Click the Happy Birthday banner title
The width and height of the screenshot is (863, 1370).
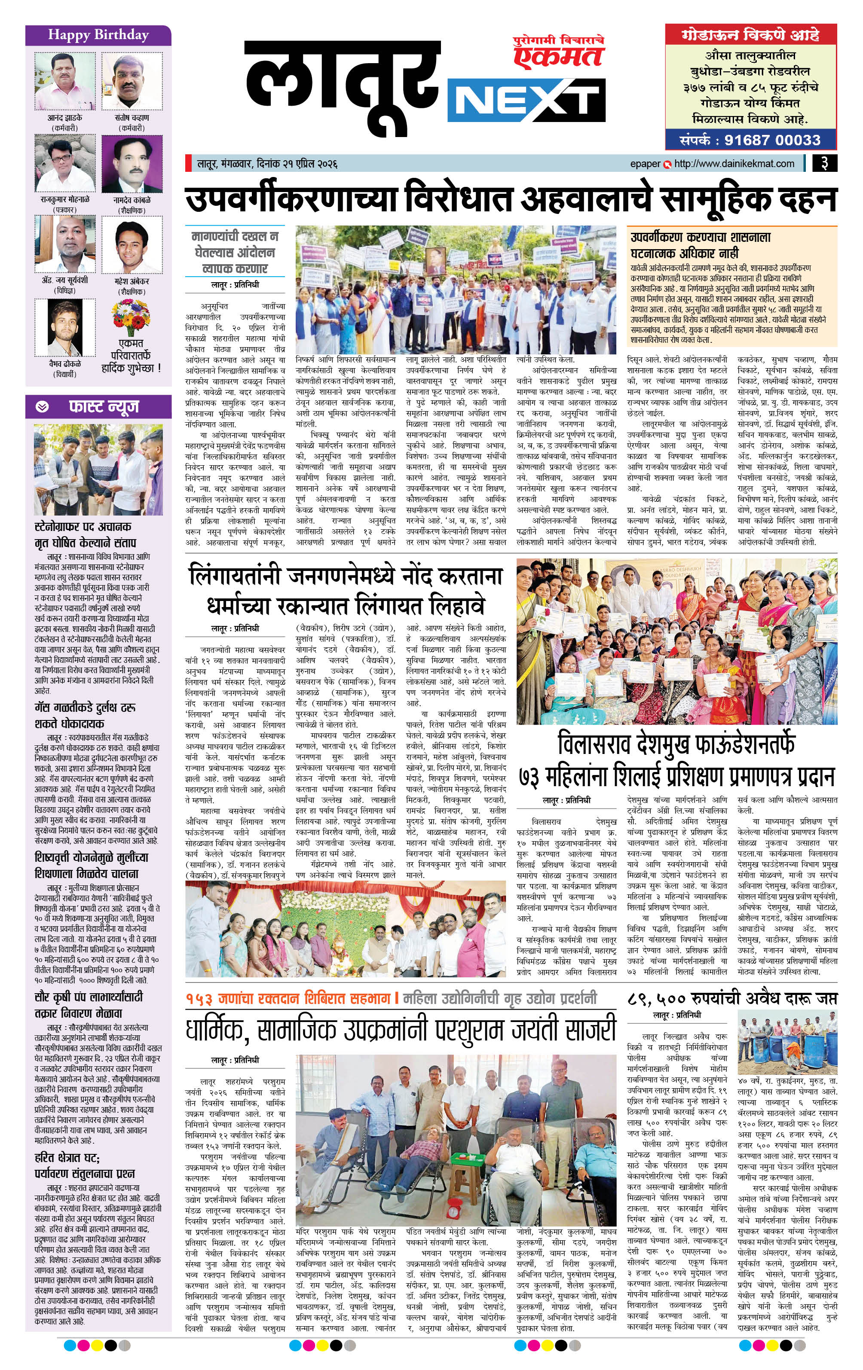98,35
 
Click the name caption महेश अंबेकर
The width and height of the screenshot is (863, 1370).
132,281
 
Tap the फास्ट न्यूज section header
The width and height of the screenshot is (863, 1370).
103,407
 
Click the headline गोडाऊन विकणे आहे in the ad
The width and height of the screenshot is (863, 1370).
750,36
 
